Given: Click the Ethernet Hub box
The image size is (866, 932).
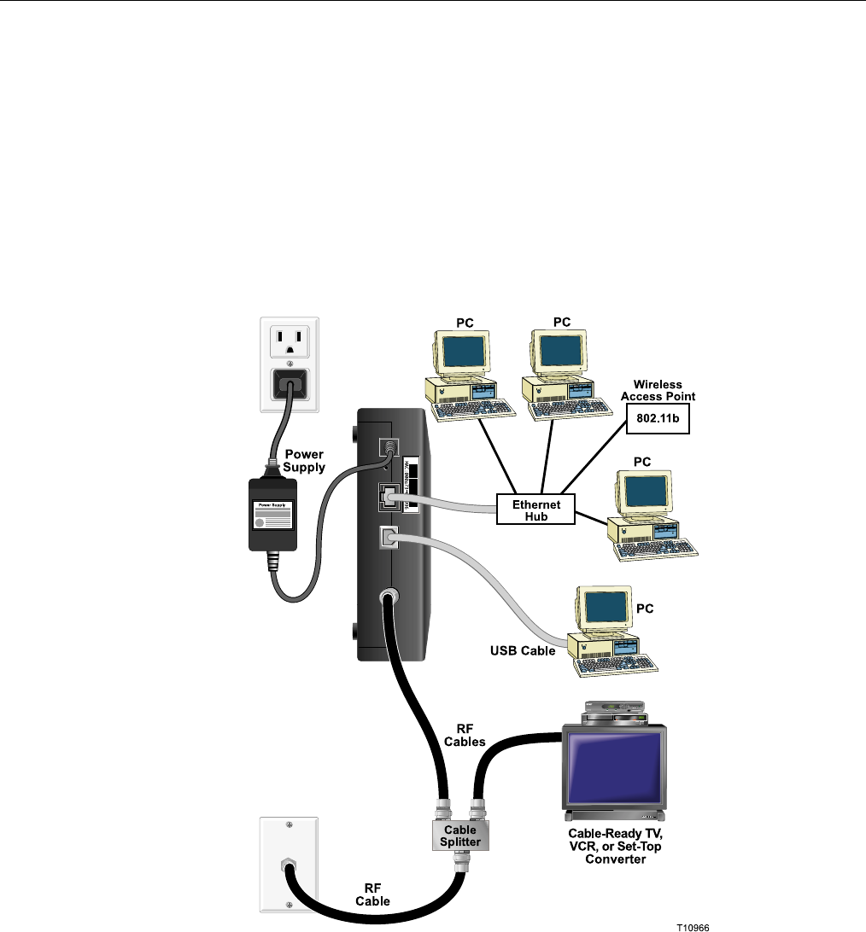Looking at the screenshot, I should (x=535, y=510).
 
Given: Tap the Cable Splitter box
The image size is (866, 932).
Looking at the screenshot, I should (x=460, y=835).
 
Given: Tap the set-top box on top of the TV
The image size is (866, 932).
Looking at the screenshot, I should (x=613, y=713).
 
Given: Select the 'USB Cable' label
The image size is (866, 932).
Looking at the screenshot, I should (x=523, y=651).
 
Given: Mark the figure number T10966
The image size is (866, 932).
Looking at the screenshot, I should (x=693, y=925).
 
